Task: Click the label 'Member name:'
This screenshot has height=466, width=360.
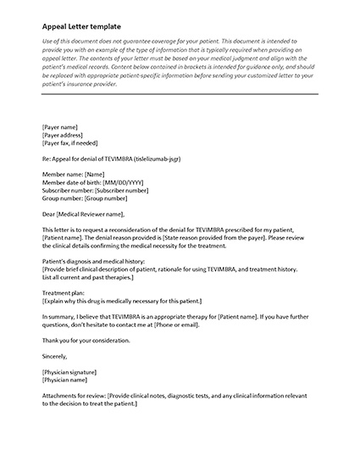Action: pos(62,174)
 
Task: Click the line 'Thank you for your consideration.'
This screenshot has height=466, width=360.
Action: pos(86,340)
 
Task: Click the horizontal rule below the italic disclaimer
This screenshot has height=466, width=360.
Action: pos(180,95)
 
